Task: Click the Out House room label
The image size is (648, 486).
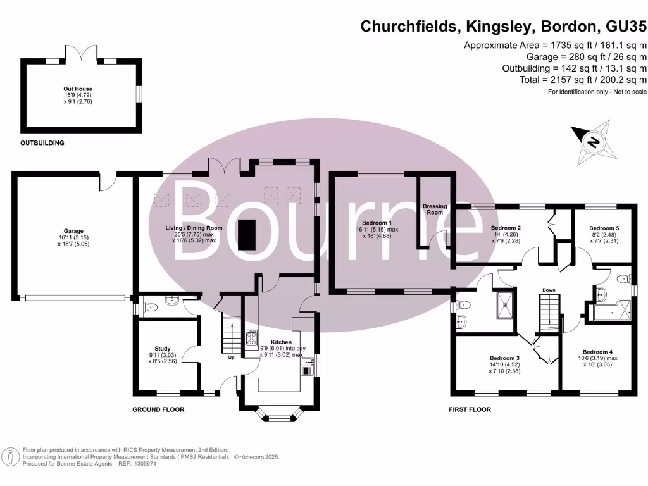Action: [x=79, y=89]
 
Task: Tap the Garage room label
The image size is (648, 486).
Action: [x=73, y=231]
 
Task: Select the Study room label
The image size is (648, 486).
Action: [x=163, y=348]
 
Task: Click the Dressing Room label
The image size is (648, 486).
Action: [x=435, y=209]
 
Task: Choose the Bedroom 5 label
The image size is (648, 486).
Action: [x=604, y=228]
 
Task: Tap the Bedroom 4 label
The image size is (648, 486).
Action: [x=598, y=352]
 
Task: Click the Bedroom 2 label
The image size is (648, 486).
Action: [x=506, y=228]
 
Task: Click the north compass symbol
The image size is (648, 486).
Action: [x=593, y=141]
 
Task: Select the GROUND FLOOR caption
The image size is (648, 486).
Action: [x=158, y=410]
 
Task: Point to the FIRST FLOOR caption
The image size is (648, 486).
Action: [x=470, y=410]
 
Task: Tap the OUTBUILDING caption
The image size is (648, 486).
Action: [x=42, y=143]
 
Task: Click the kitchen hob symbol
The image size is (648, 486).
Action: [x=252, y=337]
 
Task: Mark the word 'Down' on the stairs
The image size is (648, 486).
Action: [x=548, y=290]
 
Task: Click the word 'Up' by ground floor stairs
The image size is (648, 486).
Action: [x=232, y=357]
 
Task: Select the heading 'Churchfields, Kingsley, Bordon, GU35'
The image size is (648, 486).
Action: [x=503, y=27]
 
